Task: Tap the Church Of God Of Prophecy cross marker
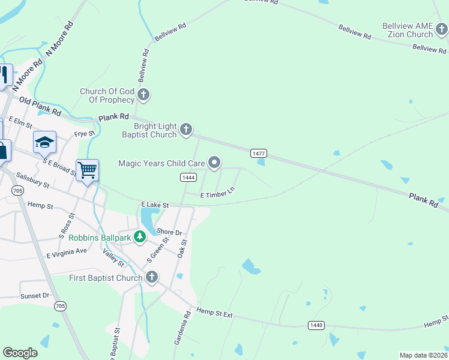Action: point(143,94)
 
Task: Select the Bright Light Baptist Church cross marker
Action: point(187,128)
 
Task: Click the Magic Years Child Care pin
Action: point(214,162)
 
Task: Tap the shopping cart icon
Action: point(88,170)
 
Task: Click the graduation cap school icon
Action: point(44,143)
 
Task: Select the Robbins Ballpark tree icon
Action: point(140,237)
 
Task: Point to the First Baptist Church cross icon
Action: point(152,277)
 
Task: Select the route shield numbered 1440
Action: point(316,325)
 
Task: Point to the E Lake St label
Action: point(155,205)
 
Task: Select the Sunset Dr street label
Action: point(34,296)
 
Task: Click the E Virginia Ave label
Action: point(67,253)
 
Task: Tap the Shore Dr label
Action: point(169,232)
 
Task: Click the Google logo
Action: point(20,353)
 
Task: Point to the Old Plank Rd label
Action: point(40,106)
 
